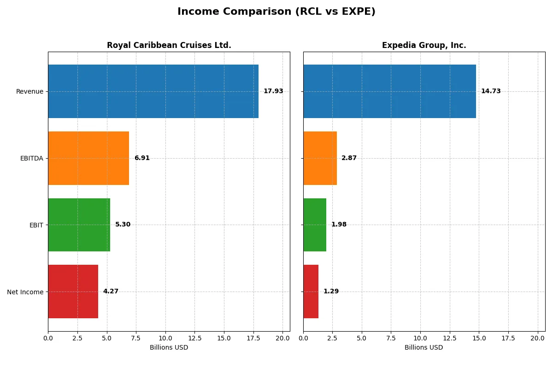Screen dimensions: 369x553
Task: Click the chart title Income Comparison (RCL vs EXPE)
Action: click(276, 12)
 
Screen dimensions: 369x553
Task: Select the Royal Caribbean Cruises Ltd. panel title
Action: click(169, 45)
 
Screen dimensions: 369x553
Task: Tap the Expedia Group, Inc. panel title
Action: click(424, 45)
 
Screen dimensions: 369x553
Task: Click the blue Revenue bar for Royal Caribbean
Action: click(153, 91)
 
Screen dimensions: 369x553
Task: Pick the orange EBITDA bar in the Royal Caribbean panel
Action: click(88, 158)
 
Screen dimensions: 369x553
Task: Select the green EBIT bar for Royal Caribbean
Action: click(79, 225)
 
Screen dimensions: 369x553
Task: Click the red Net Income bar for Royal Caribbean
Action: click(73, 292)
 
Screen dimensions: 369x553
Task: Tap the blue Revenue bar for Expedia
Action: click(389, 91)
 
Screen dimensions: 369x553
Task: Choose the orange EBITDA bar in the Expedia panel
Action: click(320, 158)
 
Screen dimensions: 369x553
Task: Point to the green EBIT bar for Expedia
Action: click(315, 225)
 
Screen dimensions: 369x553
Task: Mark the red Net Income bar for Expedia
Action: click(311, 292)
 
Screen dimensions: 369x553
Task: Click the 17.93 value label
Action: click(273, 91)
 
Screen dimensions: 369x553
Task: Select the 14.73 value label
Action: click(491, 91)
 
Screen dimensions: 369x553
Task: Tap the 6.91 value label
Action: click(142, 158)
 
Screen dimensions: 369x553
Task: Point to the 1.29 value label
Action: click(331, 292)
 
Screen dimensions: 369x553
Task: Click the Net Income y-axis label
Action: click(25, 292)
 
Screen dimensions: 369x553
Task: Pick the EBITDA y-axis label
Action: click(31, 159)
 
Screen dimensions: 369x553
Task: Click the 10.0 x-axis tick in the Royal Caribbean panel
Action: click(165, 339)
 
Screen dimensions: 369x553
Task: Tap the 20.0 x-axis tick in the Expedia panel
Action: click(538, 339)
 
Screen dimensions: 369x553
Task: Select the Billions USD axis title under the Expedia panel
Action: click(424, 348)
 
